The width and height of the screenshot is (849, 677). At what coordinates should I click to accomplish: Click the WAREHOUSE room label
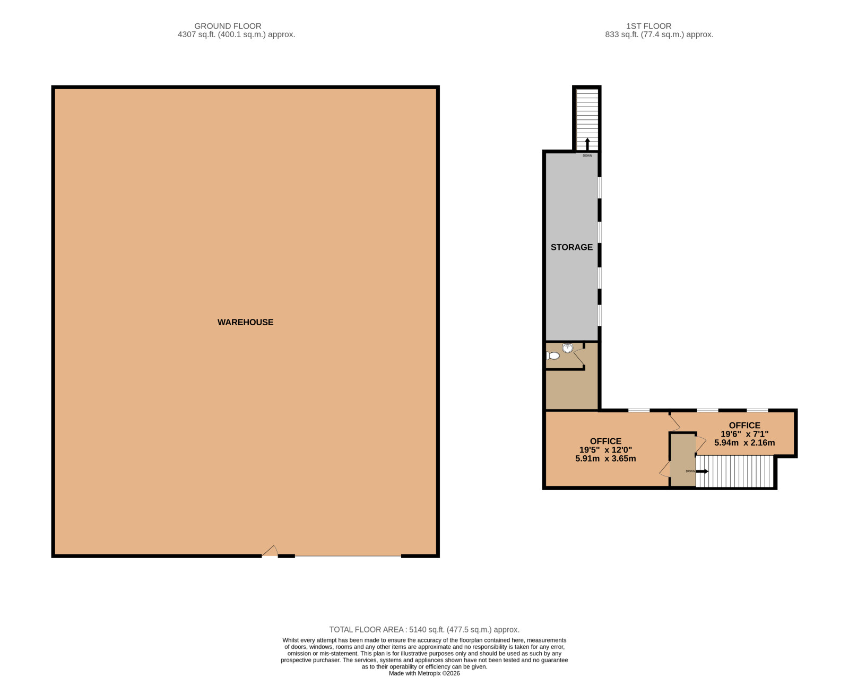(x=245, y=323)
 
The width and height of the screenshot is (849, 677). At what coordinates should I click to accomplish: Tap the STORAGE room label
(x=571, y=247)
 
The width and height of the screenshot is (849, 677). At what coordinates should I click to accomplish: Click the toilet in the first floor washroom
(x=553, y=356)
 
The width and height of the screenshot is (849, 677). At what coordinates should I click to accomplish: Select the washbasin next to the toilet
(x=567, y=348)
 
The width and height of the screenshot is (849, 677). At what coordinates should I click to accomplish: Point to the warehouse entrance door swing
(x=270, y=551)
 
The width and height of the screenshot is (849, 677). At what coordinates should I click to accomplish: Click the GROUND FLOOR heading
(x=228, y=26)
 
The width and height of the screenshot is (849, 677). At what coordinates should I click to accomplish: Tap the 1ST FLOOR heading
(x=648, y=26)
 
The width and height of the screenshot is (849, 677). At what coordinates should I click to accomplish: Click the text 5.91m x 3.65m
(x=605, y=458)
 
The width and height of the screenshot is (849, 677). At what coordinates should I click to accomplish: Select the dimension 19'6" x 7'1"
(x=744, y=434)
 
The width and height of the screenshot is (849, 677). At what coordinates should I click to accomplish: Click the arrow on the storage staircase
(x=587, y=144)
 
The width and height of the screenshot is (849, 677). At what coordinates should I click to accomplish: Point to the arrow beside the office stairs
(x=702, y=471)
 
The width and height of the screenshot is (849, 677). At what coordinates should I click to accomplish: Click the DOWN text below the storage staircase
(x=587, y=156)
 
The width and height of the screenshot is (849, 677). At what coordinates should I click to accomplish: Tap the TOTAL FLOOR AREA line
(x=424, y=630)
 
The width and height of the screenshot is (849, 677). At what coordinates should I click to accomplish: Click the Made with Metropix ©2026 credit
(x=424, y=673)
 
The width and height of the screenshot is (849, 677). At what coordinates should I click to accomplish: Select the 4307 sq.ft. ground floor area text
(x=236, y=34)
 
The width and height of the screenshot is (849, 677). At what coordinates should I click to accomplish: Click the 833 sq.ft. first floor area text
(x=659, y=34)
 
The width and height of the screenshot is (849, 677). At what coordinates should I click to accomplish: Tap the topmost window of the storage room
(x=600, y=187)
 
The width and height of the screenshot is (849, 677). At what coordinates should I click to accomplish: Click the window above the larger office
(x=639, y=410)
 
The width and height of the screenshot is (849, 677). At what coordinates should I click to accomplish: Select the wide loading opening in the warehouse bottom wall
(x=348, y=556)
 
